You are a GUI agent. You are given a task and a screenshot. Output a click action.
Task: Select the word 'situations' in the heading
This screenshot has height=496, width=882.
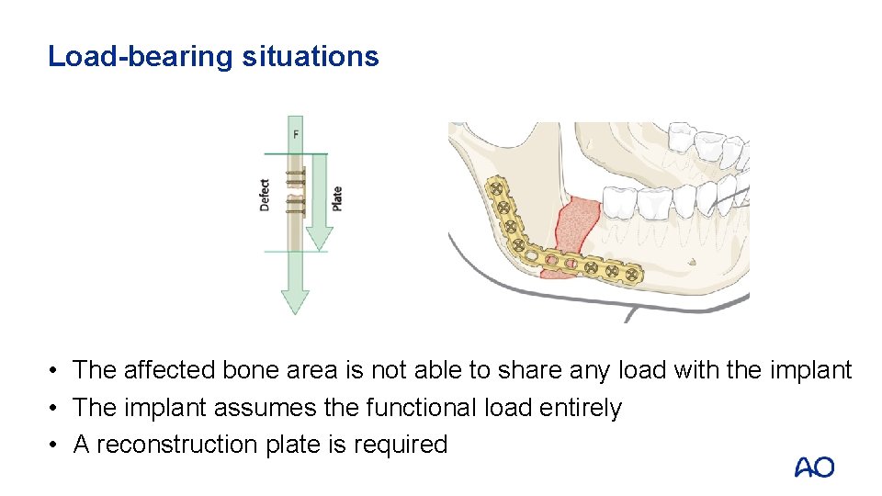pyautogui.click(x=311, y=56)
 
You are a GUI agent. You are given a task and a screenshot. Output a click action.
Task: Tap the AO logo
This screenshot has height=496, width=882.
pyautogui.click(x=814, y=468)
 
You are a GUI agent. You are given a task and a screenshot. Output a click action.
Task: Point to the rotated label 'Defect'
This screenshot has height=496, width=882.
pyautogui.click(x=265, y=195)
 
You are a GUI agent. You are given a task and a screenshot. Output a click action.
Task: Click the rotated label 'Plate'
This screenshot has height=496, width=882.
pyautogui.click(x=337, y=198)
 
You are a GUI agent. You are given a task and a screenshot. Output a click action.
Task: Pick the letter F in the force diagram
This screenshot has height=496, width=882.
pyautogui.click(x=295, y=135)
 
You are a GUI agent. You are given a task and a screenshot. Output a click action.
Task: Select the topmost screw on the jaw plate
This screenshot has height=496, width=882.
pyautogui.click(x=497, y=187)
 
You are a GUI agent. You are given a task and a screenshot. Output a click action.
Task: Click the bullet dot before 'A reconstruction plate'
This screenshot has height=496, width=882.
pyautogui.click(x=56, y=445)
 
